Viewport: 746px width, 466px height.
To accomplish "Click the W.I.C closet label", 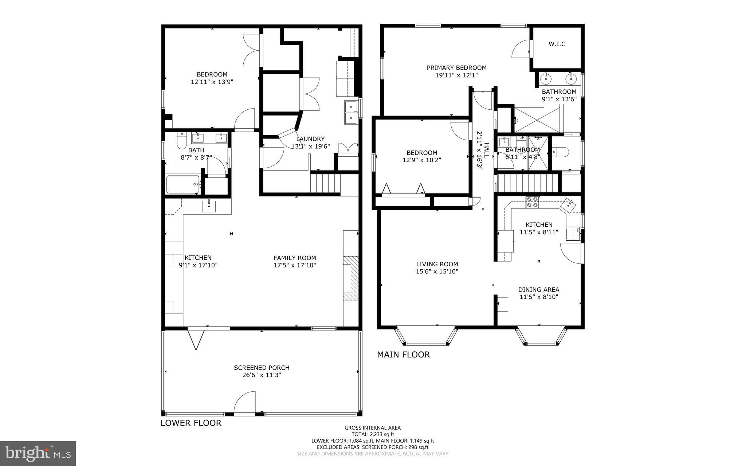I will [557, 44].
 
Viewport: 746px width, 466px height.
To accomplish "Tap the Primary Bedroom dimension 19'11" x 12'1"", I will [456, 75].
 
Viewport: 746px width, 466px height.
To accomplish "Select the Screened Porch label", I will [262, 368].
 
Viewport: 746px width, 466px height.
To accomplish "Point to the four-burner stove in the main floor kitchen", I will [532, 202].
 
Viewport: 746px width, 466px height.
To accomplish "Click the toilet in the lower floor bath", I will [182, 141].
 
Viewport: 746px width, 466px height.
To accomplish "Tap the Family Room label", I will [295, 258].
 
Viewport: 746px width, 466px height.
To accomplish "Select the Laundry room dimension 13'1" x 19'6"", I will [310, 146].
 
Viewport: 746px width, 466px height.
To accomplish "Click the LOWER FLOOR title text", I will [191, 423].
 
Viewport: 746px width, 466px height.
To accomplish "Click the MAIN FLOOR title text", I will [403, 355].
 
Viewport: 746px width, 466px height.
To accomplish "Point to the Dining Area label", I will [539, 290].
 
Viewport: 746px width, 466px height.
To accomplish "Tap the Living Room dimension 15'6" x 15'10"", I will [437, 271].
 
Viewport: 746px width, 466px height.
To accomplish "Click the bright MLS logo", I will [38, 453].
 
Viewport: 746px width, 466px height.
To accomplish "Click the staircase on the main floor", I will [527, 183].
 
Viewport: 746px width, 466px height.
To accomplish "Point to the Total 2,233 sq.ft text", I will [372, 434].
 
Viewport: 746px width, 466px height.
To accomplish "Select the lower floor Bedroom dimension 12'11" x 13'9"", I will [212, 82].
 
